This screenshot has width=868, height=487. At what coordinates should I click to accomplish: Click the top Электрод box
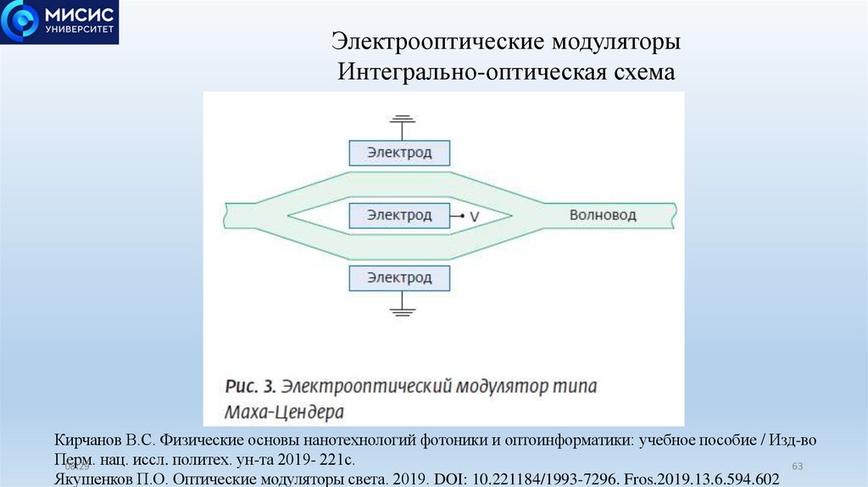coord(399,153)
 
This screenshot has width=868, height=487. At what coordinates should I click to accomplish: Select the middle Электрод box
coord(399,216)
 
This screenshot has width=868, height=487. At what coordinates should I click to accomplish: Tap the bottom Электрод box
coord(399,277)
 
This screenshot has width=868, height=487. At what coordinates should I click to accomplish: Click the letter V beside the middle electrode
coord(475,217)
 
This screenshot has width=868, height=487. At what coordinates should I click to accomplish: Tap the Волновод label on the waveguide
coord(602,215)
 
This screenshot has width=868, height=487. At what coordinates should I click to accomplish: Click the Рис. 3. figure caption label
coord(251,386)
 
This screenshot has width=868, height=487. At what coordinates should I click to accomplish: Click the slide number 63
coord(796,467)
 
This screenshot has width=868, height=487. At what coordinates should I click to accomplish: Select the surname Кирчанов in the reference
coord(89,442)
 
